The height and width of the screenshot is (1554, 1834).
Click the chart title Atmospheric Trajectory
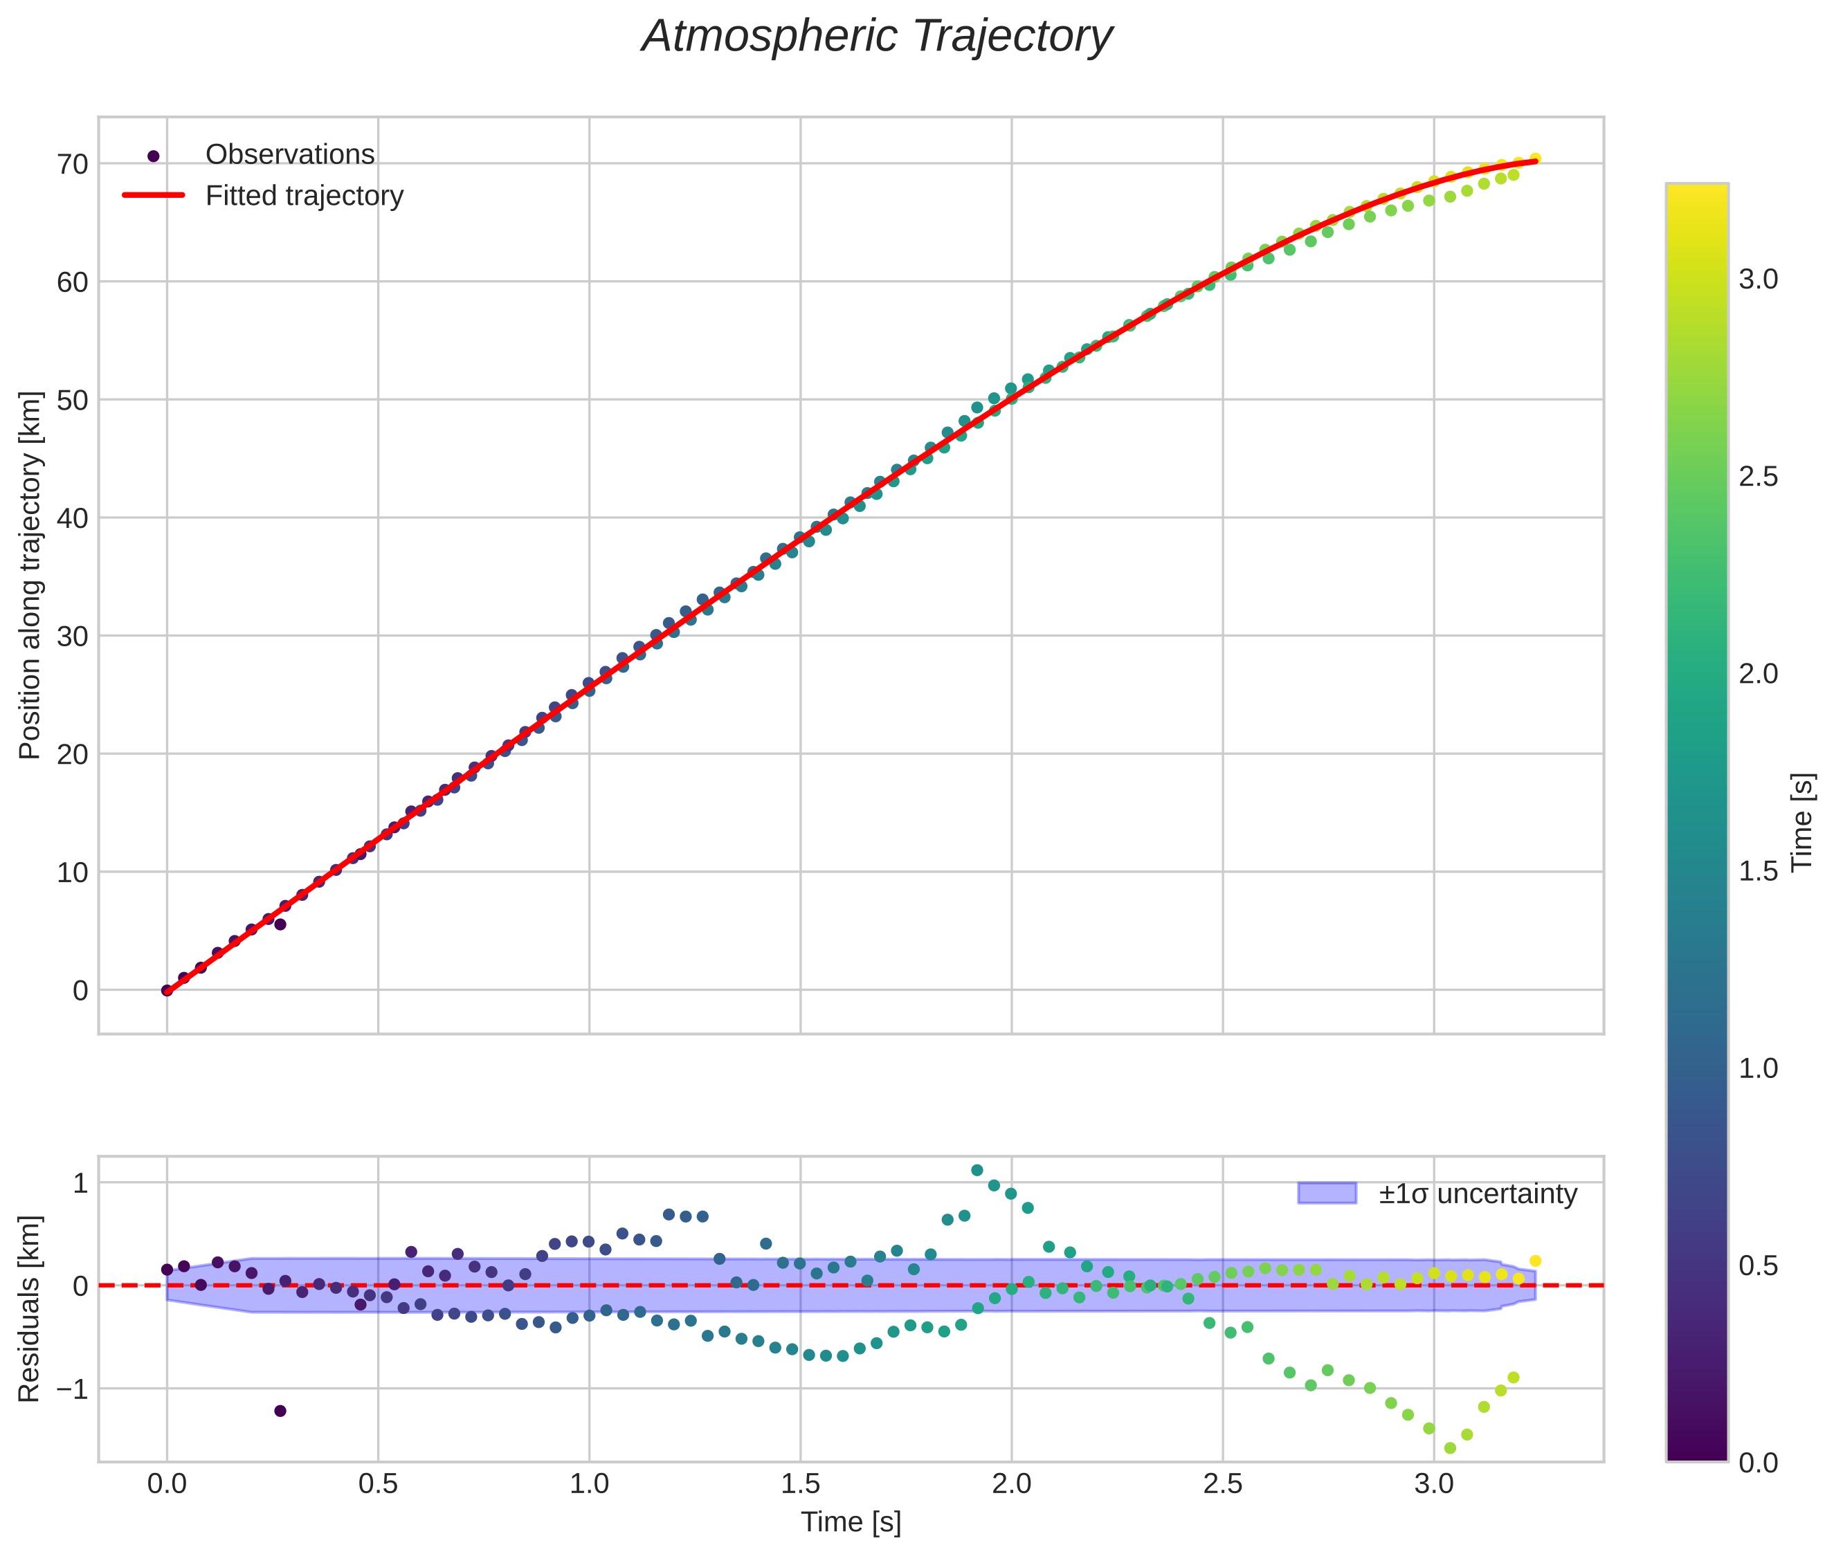click(877, 37)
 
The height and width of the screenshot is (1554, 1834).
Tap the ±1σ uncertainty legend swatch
click(1327, 1194)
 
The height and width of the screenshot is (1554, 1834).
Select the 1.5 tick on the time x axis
click(800, 1483)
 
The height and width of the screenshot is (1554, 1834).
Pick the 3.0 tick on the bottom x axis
click(1434, 1483)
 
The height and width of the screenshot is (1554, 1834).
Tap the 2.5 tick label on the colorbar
click(1758, 477)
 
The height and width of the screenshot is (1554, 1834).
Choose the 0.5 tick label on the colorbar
click(1758, 1266)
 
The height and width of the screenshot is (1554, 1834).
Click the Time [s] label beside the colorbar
click(1803, 821)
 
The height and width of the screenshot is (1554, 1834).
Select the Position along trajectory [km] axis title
click(31, 575)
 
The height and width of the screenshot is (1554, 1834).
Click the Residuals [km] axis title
click(31, 1308)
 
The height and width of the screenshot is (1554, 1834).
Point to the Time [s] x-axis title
click(851, 1522)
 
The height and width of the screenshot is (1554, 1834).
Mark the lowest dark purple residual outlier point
click(280, 1410)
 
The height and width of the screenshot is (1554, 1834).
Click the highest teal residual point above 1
click(977, 1170)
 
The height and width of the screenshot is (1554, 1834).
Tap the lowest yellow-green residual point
click(1450, 1448)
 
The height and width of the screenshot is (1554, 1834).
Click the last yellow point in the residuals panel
click(1535, 1261)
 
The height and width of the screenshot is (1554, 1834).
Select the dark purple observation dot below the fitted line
click(280, 924)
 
